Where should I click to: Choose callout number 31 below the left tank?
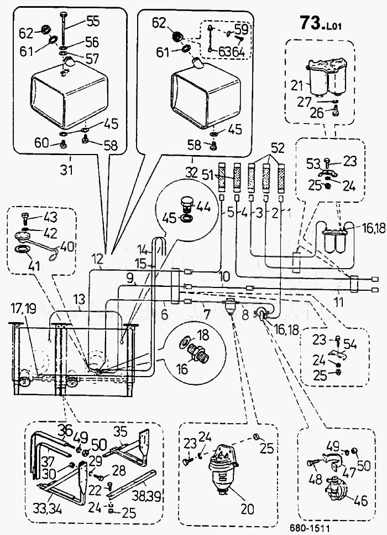pos(67,170)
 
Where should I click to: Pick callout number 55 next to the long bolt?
pos(92,22)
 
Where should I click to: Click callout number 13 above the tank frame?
pos(79,300)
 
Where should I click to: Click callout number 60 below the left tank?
pos(42,143)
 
